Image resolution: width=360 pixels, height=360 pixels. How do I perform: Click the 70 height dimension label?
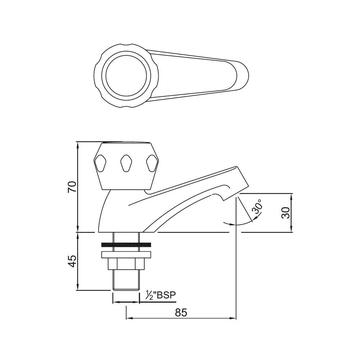pyautogui.click(x=72, y=187)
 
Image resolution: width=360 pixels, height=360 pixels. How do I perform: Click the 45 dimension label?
pyautogui.click(x=72, y=261)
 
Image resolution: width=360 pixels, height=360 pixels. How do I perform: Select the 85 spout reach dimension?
pyautogui.click(x=181, y=312)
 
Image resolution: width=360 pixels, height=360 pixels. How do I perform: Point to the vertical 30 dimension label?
pyautogui.click(x=286, y=212)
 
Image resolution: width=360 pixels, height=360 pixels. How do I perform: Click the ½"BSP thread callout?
pyautogui.click(x=161, y=296)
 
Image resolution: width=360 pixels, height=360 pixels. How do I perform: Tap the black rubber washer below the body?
pyautogui.click(x=126, y=245)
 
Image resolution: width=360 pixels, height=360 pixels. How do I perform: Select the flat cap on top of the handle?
pyautogui.click(x=126, y=142)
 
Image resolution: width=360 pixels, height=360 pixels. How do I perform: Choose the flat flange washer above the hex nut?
pyautogui.click(x=126, y=255)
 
